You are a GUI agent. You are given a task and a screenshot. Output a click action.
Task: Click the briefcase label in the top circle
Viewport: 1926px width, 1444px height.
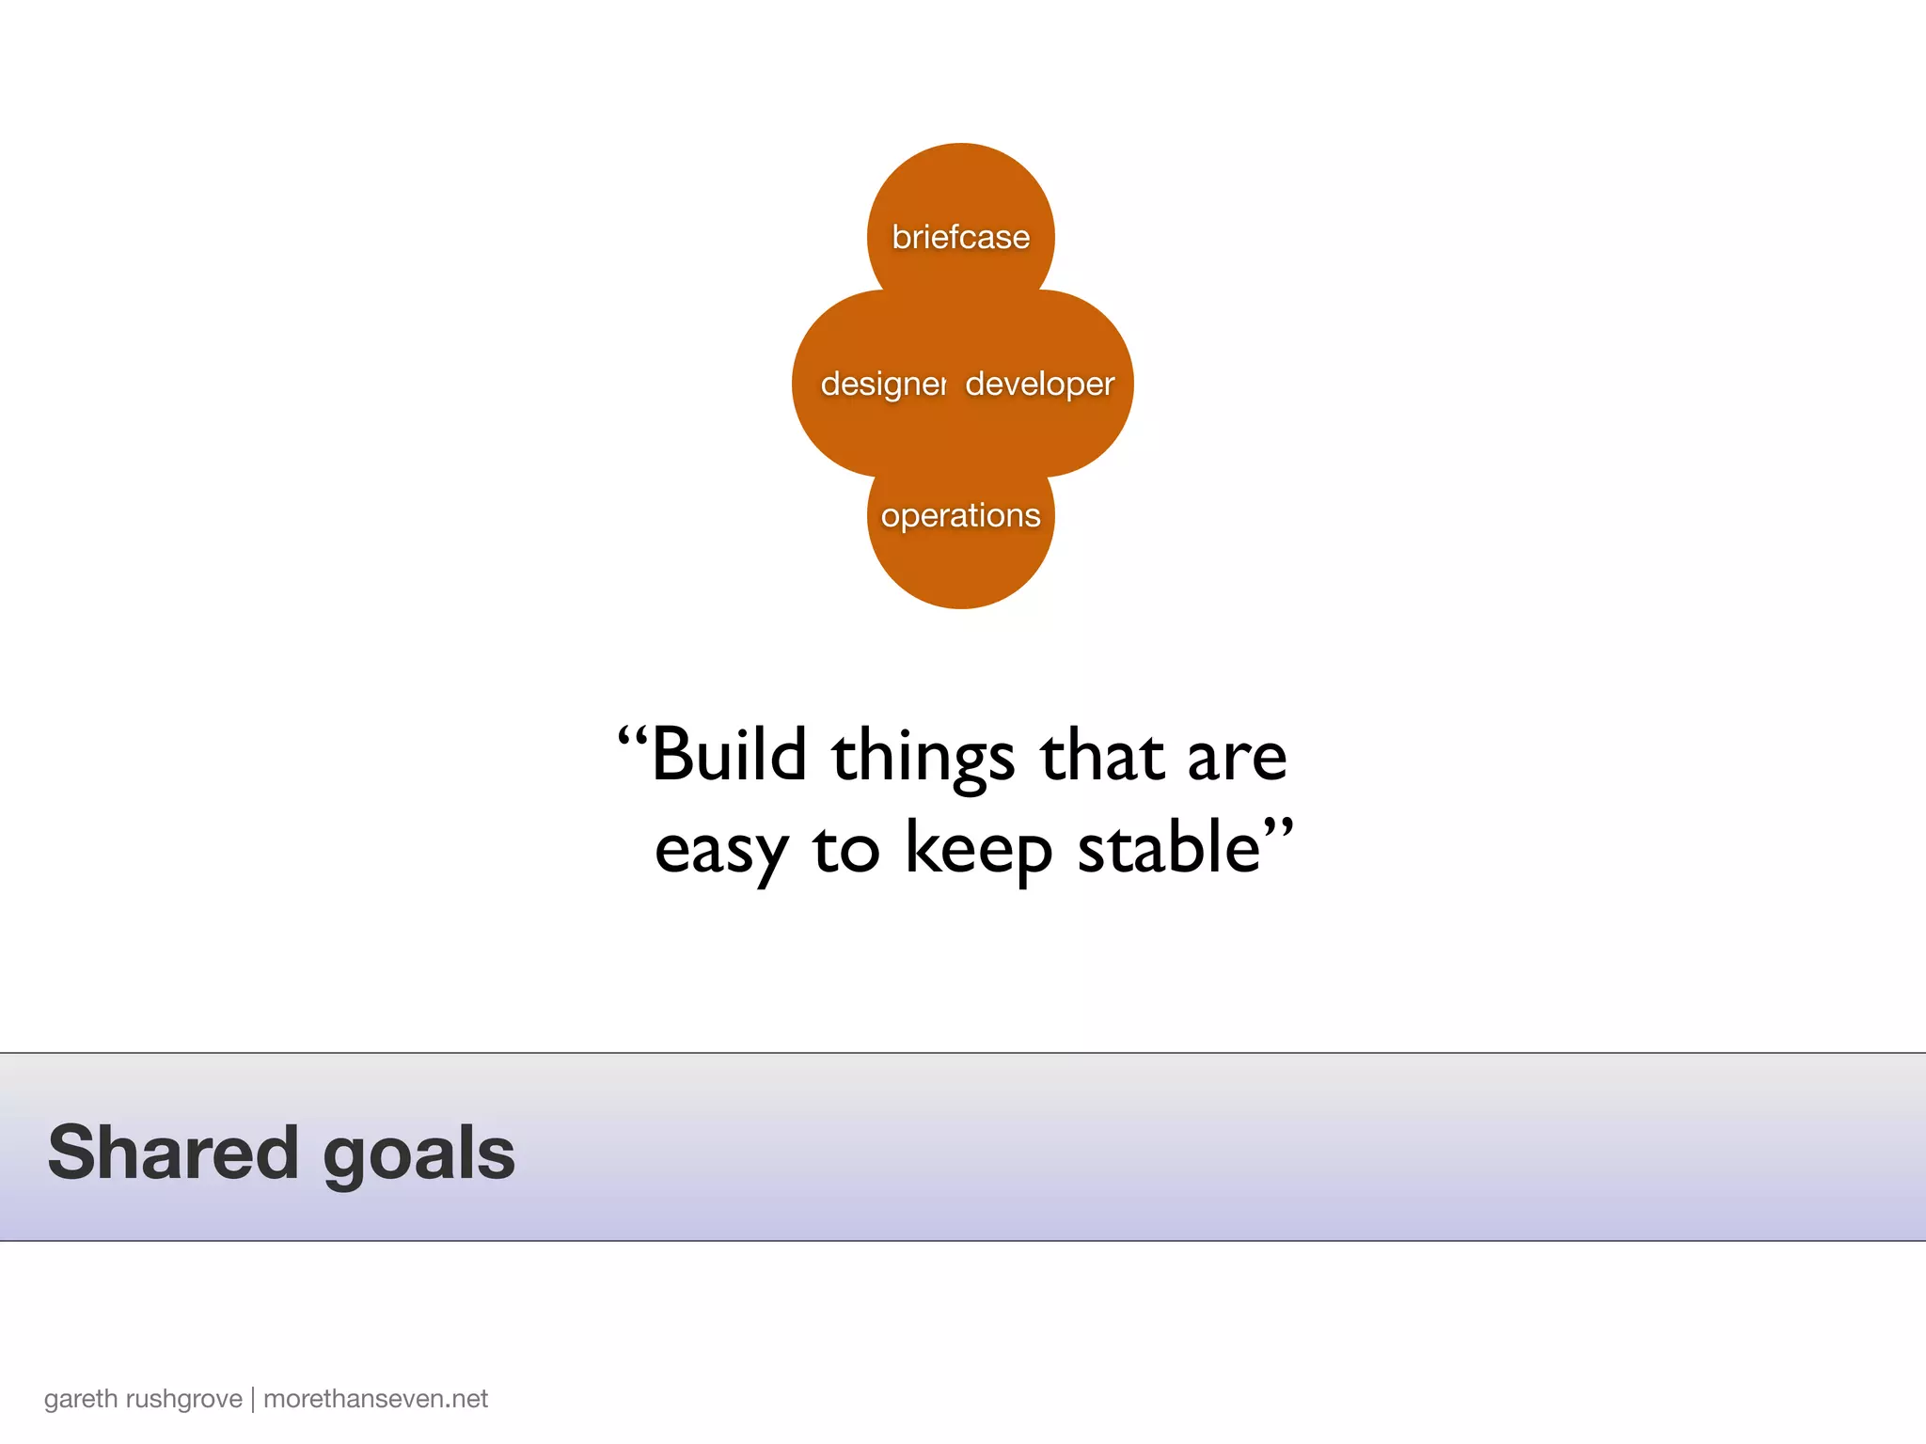[x=960, y=237]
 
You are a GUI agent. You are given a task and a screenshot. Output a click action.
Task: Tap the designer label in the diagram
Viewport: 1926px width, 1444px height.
[x=882, y=384]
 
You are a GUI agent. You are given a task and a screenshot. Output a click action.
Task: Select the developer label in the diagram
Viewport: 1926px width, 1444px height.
[x=1039, y=384]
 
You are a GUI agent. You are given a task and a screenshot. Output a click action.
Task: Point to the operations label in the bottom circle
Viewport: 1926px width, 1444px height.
[x=960, y=515]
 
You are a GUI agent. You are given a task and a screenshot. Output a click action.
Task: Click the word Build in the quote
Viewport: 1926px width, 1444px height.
[x=729, y=755]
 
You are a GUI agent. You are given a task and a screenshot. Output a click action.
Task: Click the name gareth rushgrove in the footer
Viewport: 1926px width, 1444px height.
[x=143, y=1399]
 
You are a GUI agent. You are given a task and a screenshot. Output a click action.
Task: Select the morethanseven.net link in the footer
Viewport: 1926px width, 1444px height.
[x=375, y=1399]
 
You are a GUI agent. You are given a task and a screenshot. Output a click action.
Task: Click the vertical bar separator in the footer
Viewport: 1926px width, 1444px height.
[x=253, y=1399]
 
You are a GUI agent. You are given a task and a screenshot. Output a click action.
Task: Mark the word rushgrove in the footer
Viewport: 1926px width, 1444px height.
[x=183, y=1399]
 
